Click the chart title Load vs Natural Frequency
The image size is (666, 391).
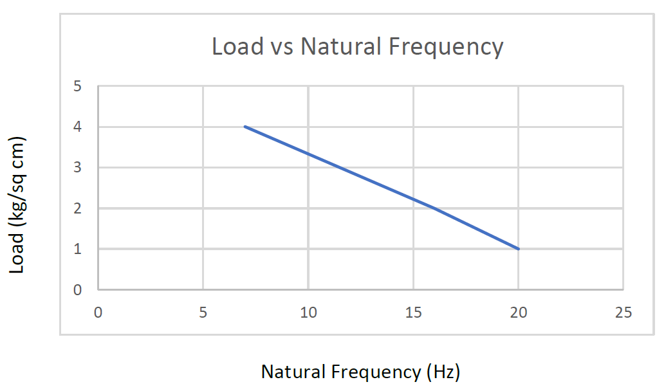pos(357,47)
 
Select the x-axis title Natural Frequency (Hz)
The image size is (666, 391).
pos(360,372)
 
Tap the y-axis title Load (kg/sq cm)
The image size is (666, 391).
pos(17,205)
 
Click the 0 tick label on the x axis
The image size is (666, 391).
pos(98,313)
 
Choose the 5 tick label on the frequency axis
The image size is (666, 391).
pos(203,313)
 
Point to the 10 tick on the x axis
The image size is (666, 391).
pos(308,313)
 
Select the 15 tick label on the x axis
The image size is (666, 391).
pos(413,313)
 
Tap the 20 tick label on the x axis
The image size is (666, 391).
pos(518,313)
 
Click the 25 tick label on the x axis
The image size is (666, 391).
pos(623,313)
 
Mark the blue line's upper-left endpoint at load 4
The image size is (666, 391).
pos(245,127)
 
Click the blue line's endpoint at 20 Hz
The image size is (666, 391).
pos(518,249)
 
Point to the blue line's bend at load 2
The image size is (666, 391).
pos(434,208)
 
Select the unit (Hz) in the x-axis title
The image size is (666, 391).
pos(443,372)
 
